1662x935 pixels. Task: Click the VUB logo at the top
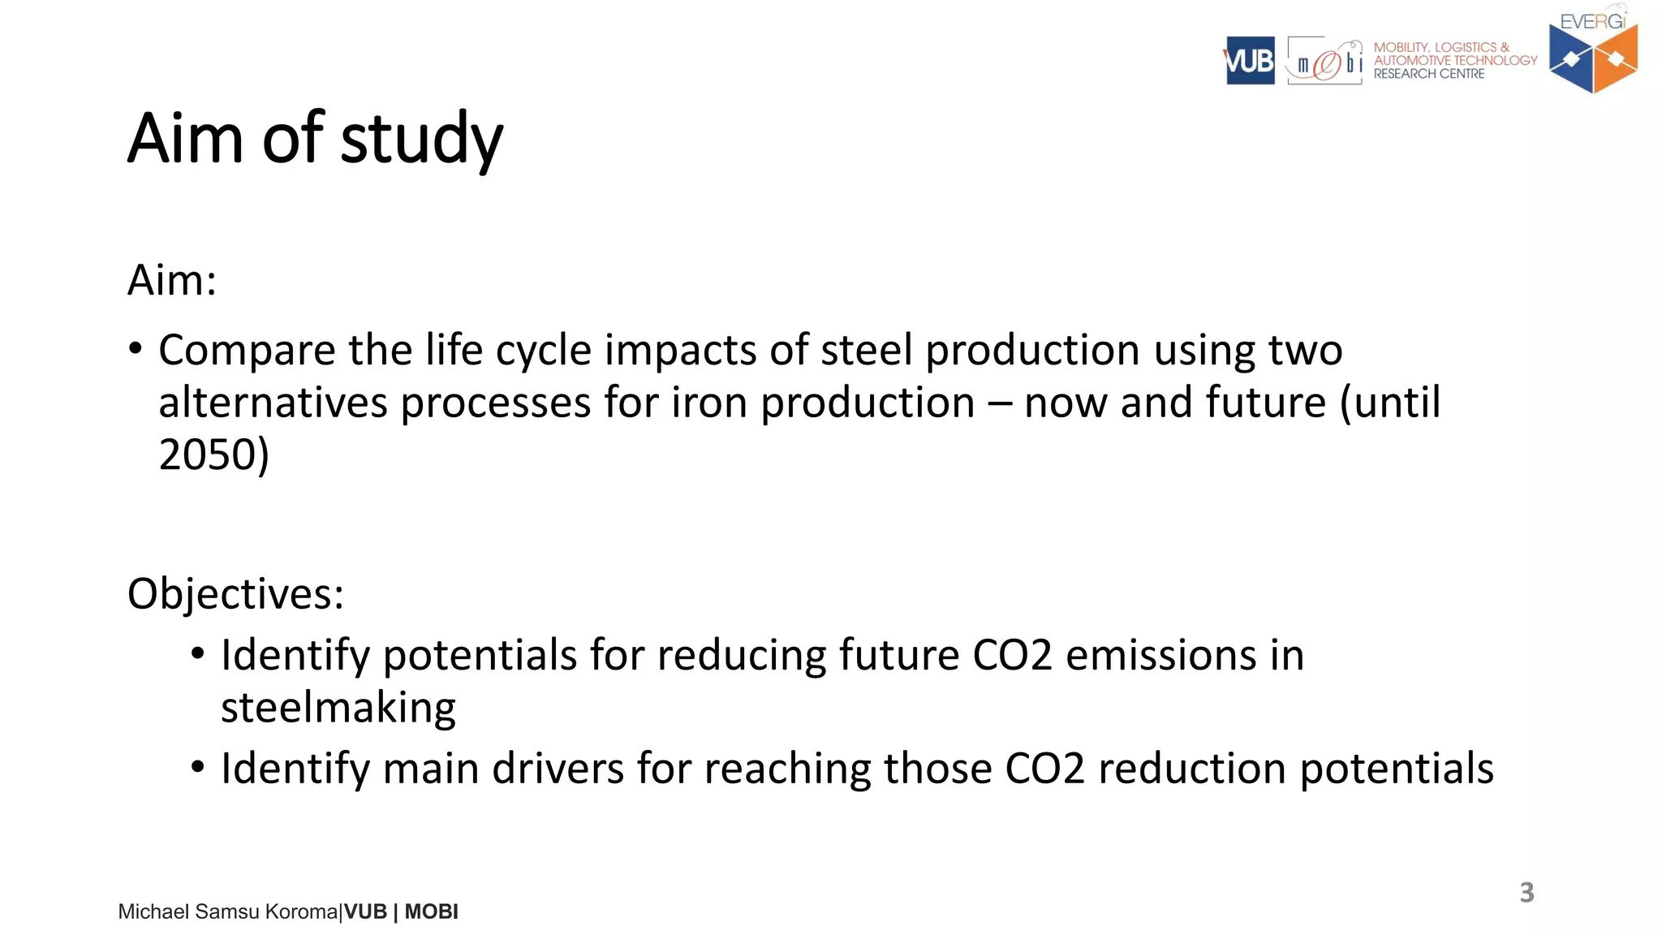1250,61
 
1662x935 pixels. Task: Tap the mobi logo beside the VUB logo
1324,62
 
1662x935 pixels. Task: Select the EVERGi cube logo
1593,57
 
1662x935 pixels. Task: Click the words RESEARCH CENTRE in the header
1428,74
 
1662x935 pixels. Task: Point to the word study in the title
421,140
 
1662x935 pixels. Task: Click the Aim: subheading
172,281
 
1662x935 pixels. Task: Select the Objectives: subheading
235,593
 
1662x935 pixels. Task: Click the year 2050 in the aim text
208,455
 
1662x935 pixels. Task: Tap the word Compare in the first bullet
247,351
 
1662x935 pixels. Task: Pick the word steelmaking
338,708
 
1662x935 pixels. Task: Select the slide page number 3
1526,892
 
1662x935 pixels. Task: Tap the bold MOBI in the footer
431,912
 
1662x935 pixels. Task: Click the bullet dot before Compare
136,350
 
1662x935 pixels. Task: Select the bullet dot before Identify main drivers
198,767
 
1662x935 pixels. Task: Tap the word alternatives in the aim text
273,403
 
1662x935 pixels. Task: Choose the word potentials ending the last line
1396,769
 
